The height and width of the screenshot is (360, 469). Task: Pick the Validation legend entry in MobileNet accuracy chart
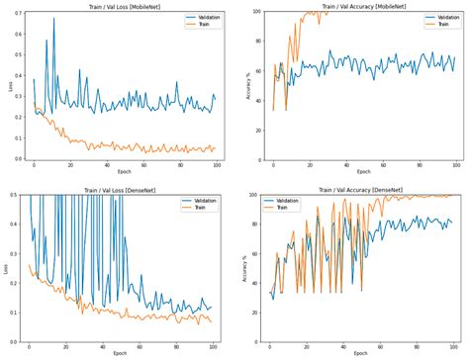point(432,19)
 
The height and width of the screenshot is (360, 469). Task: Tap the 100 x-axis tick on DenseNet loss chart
point(211,348)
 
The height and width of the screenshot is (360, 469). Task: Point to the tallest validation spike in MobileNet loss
point(53,19)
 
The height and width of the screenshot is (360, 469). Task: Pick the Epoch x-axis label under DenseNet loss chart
point(120,355)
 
